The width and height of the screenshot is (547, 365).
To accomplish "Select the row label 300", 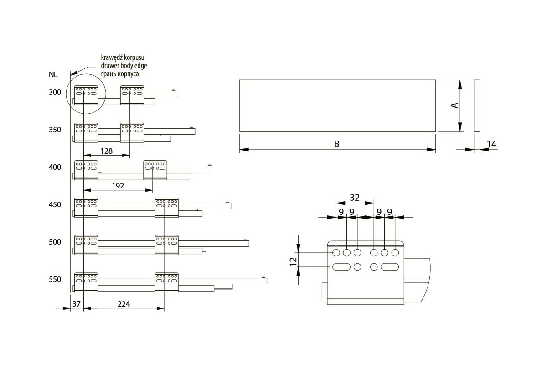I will [x=55, y=93].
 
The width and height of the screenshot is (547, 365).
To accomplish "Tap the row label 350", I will [x=55, y=130].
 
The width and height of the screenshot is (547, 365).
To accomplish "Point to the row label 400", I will [x=55, y=167].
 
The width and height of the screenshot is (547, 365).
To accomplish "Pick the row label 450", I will [x=55, y=205].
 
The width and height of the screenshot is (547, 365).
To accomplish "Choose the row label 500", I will [x=55, y=242].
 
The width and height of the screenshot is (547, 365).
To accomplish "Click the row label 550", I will [x=55, y=280].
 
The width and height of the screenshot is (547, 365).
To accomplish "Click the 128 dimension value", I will [x=106, y=151].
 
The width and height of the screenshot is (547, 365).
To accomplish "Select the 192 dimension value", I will [x=118, y=186].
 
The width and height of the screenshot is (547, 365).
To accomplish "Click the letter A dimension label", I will [x=454, y=105].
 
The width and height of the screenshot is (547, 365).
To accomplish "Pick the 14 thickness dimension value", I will [x=491, y=145].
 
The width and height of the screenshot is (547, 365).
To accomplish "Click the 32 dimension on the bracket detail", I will [x=355, y=198].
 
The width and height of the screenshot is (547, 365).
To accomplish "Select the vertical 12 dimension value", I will [x=294, y=261].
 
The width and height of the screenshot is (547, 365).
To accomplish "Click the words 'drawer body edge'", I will [x=124, y=66].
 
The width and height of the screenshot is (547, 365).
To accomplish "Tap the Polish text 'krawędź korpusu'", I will [x=123, y=58].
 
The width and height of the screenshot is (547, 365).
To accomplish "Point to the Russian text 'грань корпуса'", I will [x=120, y=73].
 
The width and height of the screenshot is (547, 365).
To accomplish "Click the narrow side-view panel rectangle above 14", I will [x=477, y=106].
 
